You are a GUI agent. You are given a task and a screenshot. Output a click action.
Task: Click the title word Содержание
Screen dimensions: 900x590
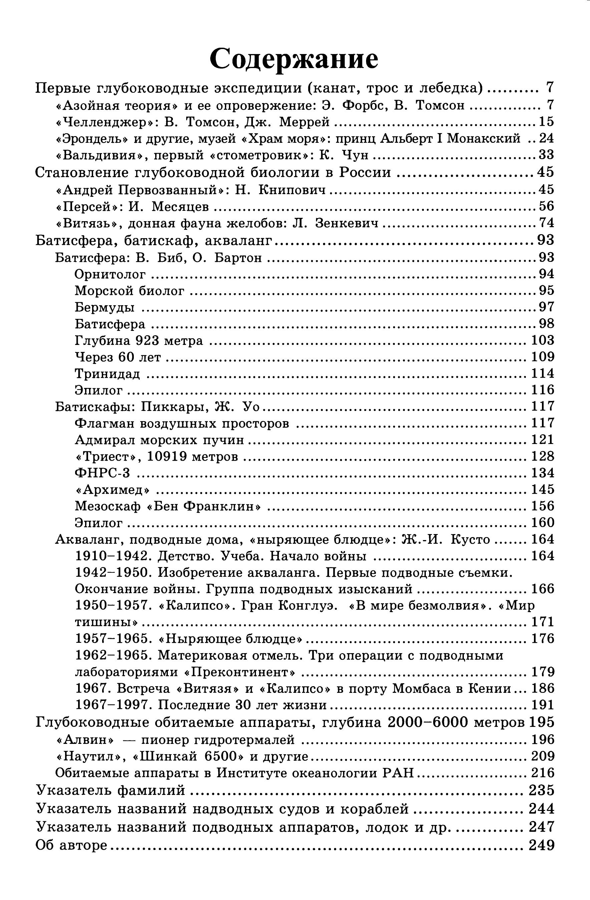294,59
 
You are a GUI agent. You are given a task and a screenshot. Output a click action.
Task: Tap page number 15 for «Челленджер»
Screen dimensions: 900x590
546,122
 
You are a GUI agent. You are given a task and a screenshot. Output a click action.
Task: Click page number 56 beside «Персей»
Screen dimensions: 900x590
546,206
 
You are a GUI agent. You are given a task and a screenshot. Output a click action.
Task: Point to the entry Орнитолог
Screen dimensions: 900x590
110,274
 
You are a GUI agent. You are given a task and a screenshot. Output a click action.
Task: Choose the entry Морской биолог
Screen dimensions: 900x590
130,291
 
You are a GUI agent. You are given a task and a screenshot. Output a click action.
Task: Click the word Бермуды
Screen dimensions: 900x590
105,307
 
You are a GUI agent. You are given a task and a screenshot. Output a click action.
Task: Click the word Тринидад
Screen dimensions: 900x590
107,374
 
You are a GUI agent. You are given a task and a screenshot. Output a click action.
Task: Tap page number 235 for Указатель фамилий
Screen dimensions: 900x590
541,790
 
